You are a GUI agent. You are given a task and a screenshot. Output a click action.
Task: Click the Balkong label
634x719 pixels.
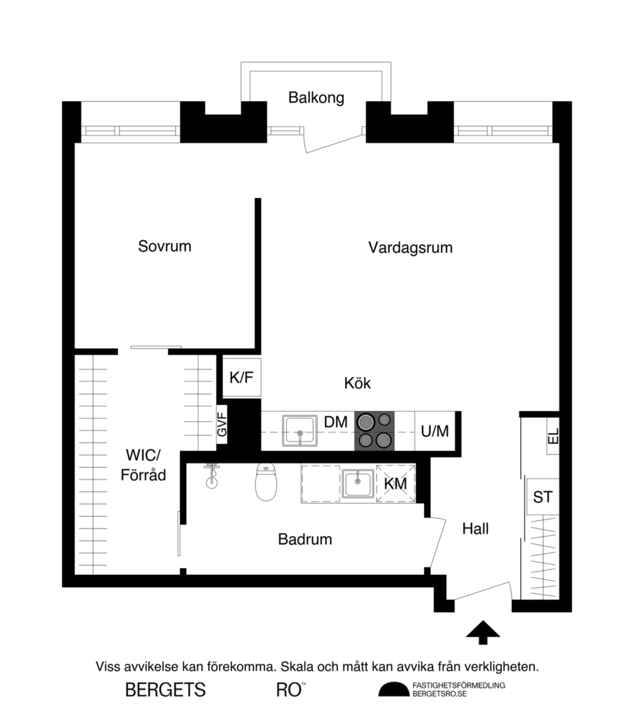316,98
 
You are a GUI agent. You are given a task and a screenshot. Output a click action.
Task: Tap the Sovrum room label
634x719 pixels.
164,246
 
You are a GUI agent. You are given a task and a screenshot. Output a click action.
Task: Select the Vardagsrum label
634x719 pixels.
410,247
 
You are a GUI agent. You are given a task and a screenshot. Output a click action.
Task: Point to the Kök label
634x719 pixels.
357,383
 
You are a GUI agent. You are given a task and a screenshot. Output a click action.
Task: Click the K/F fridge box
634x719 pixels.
241,378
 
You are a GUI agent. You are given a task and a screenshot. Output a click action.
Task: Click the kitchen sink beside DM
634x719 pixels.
300,430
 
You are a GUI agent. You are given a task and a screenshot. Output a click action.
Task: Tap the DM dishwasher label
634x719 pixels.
336,423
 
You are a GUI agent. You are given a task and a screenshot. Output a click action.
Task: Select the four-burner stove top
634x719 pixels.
374,430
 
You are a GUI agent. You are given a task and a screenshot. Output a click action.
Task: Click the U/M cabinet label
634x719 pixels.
434,430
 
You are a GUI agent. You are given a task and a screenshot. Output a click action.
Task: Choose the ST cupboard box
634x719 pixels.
543,497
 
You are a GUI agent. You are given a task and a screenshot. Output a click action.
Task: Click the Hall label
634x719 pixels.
475,529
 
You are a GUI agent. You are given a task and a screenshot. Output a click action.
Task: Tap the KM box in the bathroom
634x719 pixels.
395,483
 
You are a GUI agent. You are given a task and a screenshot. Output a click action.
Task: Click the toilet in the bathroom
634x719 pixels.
265,482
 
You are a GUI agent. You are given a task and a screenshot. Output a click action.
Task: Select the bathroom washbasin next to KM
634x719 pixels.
358,484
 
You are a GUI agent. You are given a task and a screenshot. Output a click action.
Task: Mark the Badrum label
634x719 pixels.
304,539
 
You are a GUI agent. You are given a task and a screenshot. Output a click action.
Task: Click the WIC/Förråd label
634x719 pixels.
143,465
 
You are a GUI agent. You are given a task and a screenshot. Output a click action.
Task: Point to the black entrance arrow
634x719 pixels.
483,632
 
